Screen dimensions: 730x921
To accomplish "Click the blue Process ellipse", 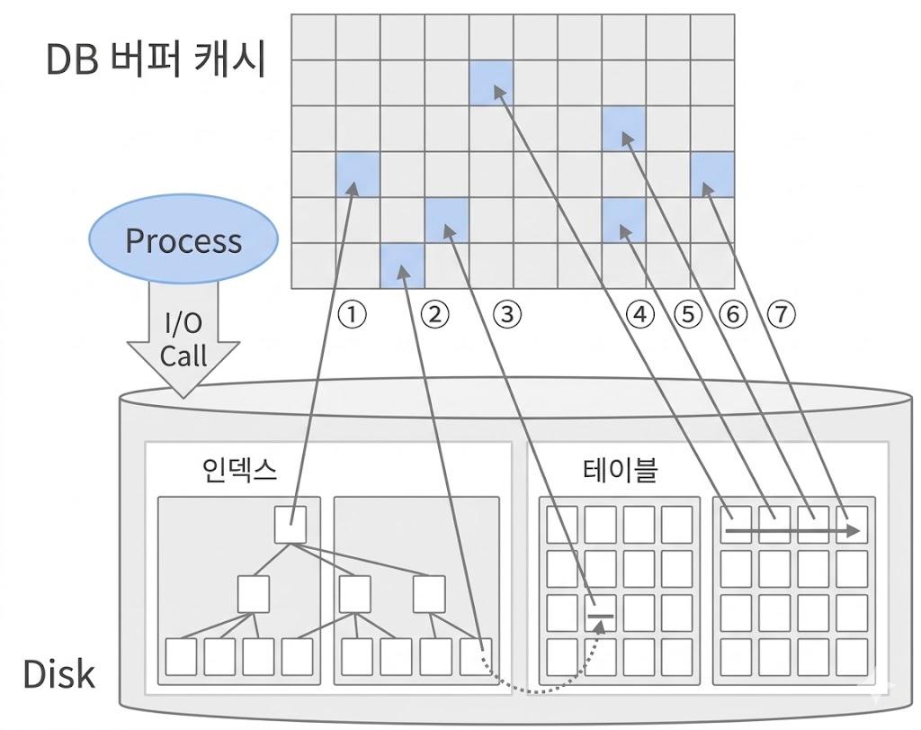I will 183,241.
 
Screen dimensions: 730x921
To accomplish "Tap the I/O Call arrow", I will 183,342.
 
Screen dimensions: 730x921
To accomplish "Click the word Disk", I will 59,673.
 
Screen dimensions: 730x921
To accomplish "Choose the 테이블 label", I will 621,469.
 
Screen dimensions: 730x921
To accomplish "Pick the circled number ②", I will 435,314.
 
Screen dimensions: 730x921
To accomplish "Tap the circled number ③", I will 507,314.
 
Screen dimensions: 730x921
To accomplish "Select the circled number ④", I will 640,314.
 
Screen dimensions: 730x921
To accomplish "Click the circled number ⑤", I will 688,314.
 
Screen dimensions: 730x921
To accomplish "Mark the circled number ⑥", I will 734,314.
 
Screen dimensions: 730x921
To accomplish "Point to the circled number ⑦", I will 782,314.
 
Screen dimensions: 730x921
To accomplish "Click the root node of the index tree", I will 291,525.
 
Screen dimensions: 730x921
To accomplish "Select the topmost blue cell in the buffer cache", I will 491,82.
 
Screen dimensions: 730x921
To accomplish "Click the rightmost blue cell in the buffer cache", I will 712,174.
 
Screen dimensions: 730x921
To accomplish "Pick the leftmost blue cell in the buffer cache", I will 358,174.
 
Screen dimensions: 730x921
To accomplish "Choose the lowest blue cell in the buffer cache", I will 402,266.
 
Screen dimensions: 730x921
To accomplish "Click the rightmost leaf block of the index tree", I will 476,656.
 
